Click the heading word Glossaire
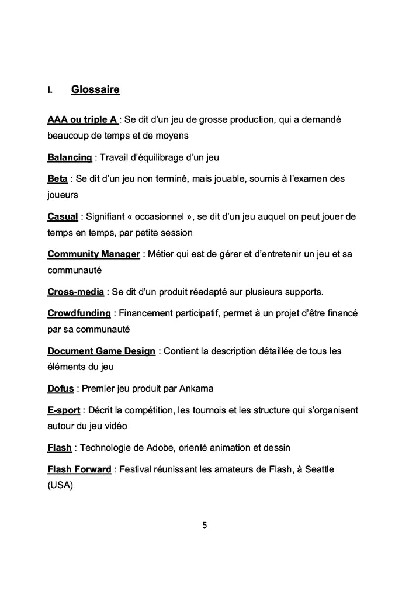tap(95, 90)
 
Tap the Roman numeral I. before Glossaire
tap(50, 91)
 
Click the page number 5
tap(204, 524)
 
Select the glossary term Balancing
tap(70, 157)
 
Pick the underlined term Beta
tap(57, 179)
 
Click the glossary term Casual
tap(63, 217)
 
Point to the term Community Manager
tap(93, 254)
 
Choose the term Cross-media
tap(75, 292)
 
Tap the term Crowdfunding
tap(79, 313)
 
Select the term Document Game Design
tap(101, 351)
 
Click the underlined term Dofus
tap(60, 388)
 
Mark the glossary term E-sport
tap(64, 410)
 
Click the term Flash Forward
tap(79, 469)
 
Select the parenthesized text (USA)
tap(60, 485)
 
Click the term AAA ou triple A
tap(82, 120)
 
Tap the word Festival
tap(137, 469)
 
